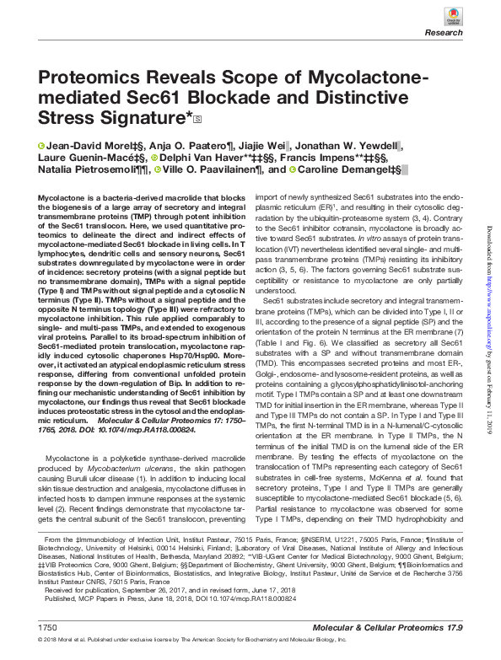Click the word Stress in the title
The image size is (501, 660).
[x=73, y=118]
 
